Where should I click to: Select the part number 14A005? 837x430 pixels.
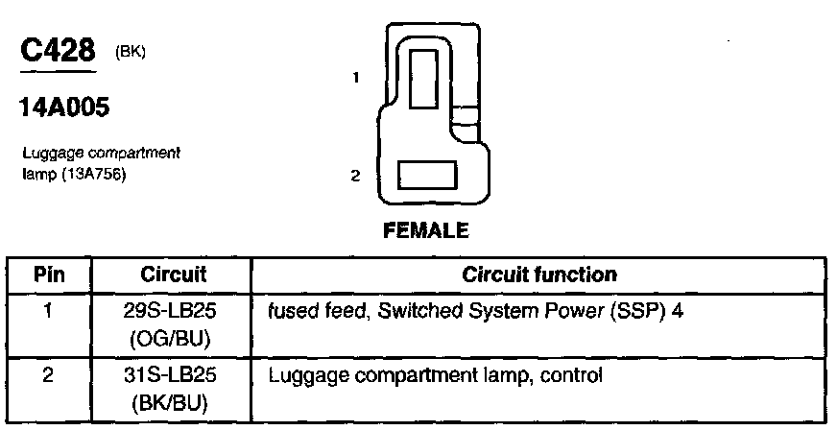(63, 107)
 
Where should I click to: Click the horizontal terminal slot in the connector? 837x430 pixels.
(427, 176)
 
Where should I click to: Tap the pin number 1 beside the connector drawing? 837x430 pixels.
(355, 79)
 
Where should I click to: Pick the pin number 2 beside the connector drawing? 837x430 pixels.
(355, 176)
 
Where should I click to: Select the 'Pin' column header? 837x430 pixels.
(50, 275)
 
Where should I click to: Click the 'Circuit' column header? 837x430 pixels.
(174, 275)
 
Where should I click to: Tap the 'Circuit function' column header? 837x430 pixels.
(539, 275)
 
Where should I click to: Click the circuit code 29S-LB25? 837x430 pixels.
(174, 312)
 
